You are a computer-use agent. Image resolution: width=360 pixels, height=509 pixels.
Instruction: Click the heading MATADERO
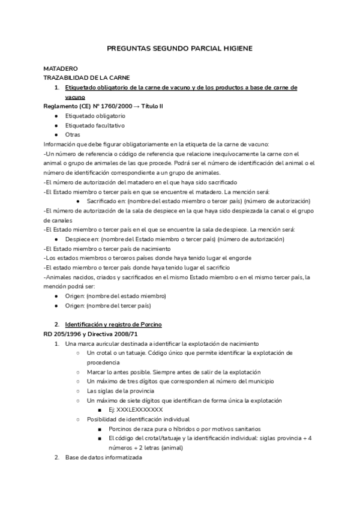(61, 69)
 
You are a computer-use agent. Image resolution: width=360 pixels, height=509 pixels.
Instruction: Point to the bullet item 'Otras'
(73, 134)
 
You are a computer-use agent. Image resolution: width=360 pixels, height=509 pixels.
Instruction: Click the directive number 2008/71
(125, 334)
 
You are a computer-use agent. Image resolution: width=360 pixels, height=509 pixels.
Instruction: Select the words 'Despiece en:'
(83, 239)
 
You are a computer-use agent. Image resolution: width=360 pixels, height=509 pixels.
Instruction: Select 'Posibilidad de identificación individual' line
(138, 419)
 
